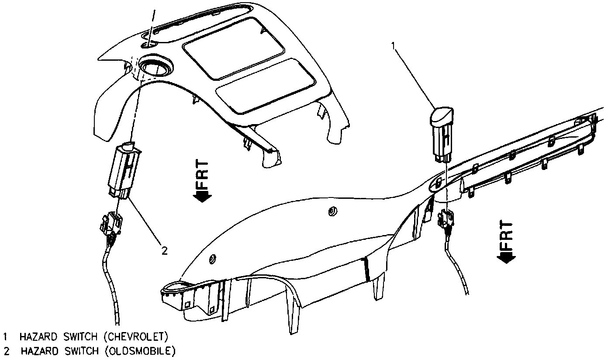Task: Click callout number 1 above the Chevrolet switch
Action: click(x=394, y=45)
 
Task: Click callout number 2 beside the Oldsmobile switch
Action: click(x=164, y=250)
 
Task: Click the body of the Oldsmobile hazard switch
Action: click(x=122, y=168)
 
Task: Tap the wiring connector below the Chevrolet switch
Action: click(x=444, y=219)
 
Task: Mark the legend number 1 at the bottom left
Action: click(x=6, y=337)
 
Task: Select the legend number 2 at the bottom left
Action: click(x=6, y=351)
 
